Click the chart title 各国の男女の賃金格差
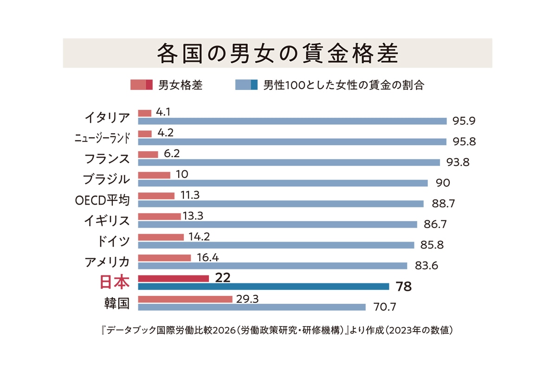[278, 53]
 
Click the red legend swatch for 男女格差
[141, 85]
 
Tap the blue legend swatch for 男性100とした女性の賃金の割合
[246, 85]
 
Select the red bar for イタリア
[145, 113]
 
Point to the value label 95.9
[464, 121]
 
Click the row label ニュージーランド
[102, 138]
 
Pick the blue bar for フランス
[289, 162]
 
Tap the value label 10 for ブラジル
[182, 174]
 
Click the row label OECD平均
[102, 200]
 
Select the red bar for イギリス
[159, 217]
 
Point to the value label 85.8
[432, 245]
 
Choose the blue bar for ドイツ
[276, 245]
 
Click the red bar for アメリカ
[165, 258]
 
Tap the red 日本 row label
[115, 282]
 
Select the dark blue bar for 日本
[264, 287]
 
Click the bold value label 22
[222, 278]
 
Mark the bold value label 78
[403, 287]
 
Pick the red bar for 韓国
[185, 300]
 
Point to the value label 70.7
[384, 307]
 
